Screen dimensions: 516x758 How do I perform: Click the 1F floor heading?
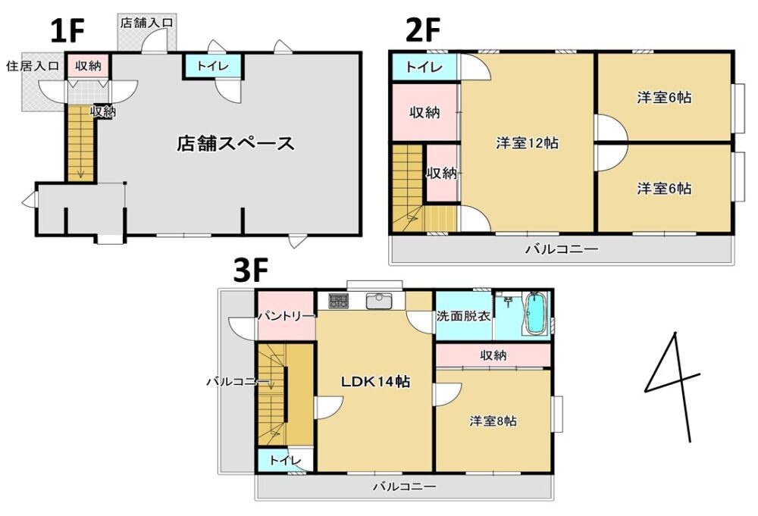pyautogui.click(x=67, y=32)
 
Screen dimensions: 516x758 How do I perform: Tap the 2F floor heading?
pyautogui.click(x=423, y=32)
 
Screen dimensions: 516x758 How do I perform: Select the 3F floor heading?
pyautogui.click(x=252, y=271)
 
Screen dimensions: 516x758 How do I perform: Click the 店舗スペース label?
pyautogui.click(x=235, y=143)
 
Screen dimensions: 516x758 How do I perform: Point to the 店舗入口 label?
pyautogui.click(x=147, y=23)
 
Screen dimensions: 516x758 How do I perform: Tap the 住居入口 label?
pyautogui.click(x=33, y=66)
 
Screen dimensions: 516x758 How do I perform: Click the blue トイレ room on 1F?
pyautogui.click(x=214, y=67)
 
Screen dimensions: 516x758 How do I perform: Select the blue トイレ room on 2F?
pyautogui.click(x=424, y=67)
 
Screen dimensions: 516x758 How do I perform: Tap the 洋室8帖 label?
pyautogui.click(x=493, y=421)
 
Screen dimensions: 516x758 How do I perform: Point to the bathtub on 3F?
pyautogui.click(x=536, y=314)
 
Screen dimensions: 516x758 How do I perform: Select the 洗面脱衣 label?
pyautogui.click(x=462, y=317)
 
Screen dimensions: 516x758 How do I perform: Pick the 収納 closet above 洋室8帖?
pyautogui.click(x=493, y=355)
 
